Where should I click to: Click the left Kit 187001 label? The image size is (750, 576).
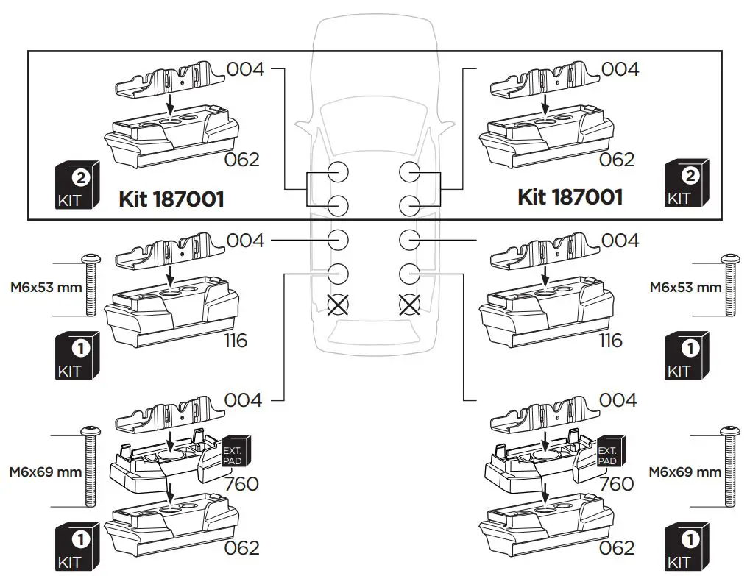tap(171, 199)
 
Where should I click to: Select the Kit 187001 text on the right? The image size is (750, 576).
tap(570, 196)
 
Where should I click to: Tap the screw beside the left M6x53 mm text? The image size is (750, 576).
tap(92, 286)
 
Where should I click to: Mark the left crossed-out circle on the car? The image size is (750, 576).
tap(337, 305)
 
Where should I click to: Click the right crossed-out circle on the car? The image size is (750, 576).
tap(409, 305)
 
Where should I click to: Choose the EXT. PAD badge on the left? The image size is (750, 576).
tap(236, 450)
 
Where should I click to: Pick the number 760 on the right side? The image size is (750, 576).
tap(617, 484)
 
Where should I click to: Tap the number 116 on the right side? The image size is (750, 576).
tap(610, 341)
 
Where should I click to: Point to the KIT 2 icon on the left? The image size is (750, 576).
tap(77, 185)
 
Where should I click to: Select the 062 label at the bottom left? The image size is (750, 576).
tap(243, 548)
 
